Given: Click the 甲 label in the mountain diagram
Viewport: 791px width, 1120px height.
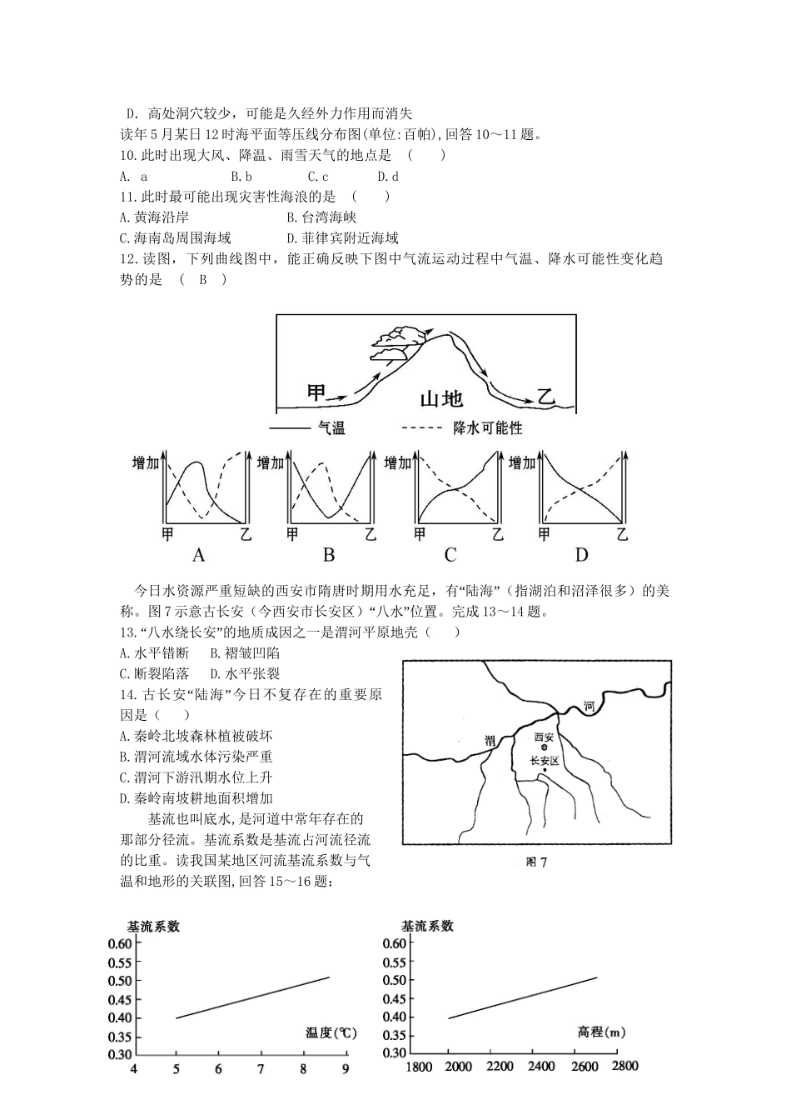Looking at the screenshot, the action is pyautogui.click(x=317, y=392).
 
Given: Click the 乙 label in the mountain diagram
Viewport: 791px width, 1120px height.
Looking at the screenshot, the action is pyautogui.click(x=546, y=396).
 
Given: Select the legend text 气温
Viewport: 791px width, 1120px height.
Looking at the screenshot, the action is pyautogui.click(x=331, y=428).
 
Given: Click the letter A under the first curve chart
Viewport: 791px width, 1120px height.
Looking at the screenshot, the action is pyautogui.click(x=198, y=555).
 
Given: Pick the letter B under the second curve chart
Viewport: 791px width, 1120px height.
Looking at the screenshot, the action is pyautogui.click(x=328, y=555).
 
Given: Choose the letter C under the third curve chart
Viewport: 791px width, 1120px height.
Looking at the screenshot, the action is pyautogui.click(x=450, y=555).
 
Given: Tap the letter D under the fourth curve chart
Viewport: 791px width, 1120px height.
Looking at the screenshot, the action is pyautogui.click(x=581, y=555).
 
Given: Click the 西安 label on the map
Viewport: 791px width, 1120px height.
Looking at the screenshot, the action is pyautogui.click(x=544, y=737).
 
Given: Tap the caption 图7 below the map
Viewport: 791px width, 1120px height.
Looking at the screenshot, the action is pyautogui.click(x=536, y=862).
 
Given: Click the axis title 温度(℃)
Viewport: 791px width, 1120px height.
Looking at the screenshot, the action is pyautogui.click(x=331, y=1032).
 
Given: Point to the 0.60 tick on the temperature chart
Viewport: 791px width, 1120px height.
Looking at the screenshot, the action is pyautogui.click(x=120, y=943).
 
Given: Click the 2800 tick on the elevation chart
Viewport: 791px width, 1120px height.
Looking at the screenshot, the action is pyautogui.click(x=624, y=1067).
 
